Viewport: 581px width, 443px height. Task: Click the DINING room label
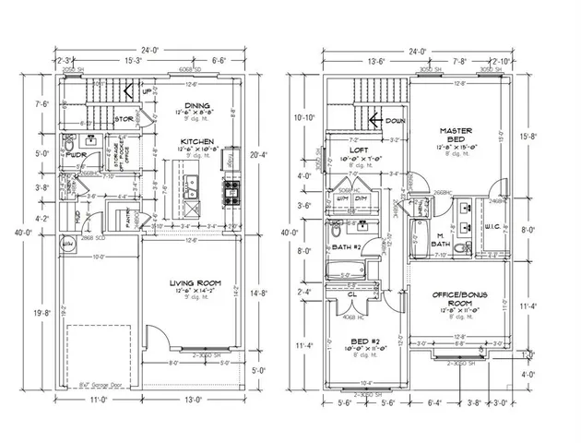(x=197, y=105)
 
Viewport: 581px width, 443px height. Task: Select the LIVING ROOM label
(x=196, y=283)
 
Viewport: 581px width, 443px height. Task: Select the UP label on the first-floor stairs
(x=148, y=91)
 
